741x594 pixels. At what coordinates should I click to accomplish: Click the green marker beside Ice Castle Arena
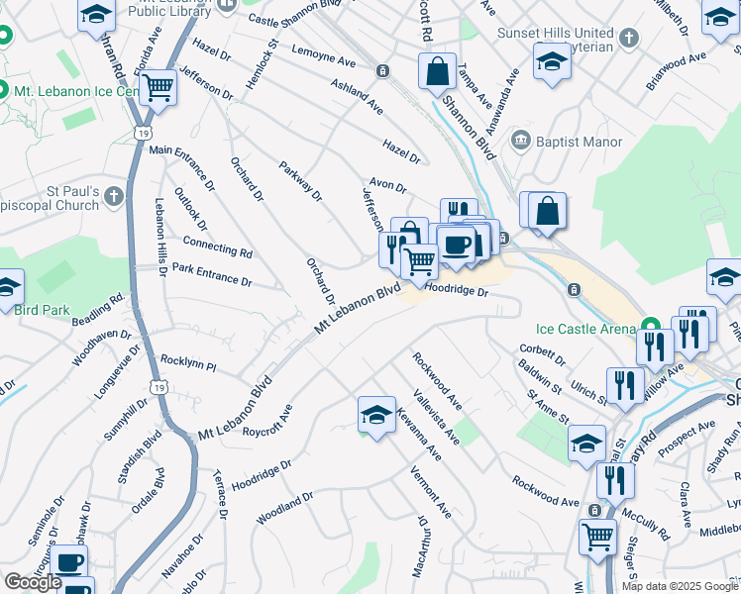[651, 327]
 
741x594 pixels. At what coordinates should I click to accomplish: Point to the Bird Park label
[42, 310]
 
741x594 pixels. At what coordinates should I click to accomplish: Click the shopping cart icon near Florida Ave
[158, 88]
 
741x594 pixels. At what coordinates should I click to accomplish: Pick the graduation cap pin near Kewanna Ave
[376, 415]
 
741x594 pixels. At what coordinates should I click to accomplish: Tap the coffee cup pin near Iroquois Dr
[68, 562]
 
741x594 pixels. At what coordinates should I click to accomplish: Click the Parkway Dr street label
[301, 180]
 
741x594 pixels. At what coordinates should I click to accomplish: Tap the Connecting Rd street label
[217, 246]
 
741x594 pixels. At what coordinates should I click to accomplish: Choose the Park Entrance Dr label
[211, 274]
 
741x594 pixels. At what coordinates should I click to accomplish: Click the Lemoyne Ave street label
[323, 54]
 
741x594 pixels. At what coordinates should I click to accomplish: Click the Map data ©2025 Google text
[680, 586]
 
